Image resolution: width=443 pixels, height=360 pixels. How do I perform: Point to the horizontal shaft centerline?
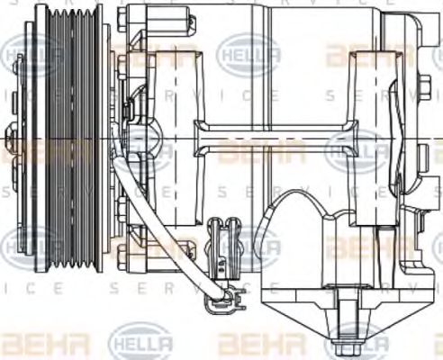[x=270, y=138]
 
